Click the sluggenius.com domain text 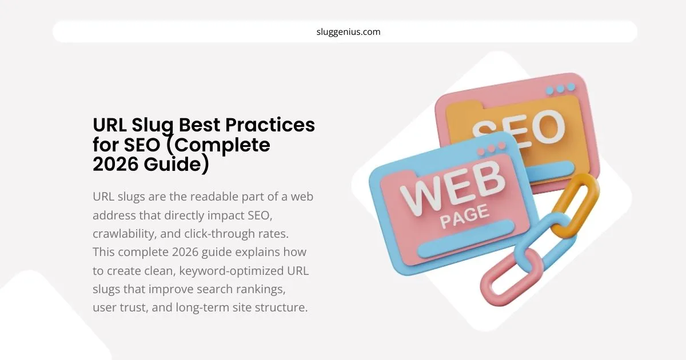348,32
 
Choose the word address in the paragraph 113,215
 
